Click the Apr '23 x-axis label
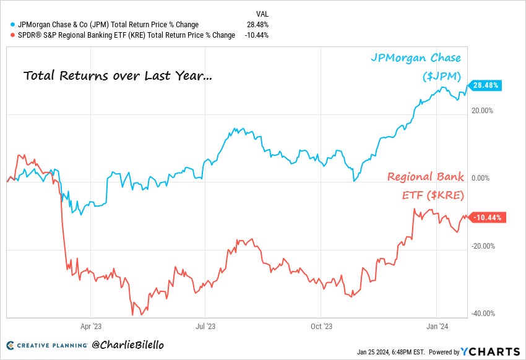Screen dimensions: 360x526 (x=90, y=325)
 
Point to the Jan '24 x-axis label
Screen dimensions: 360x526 (x=438, y=325)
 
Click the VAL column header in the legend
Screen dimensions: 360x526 (x=262, y=14)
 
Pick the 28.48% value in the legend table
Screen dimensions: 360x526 (x=257, y=25)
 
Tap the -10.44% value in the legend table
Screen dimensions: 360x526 (x=256, y=35)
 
